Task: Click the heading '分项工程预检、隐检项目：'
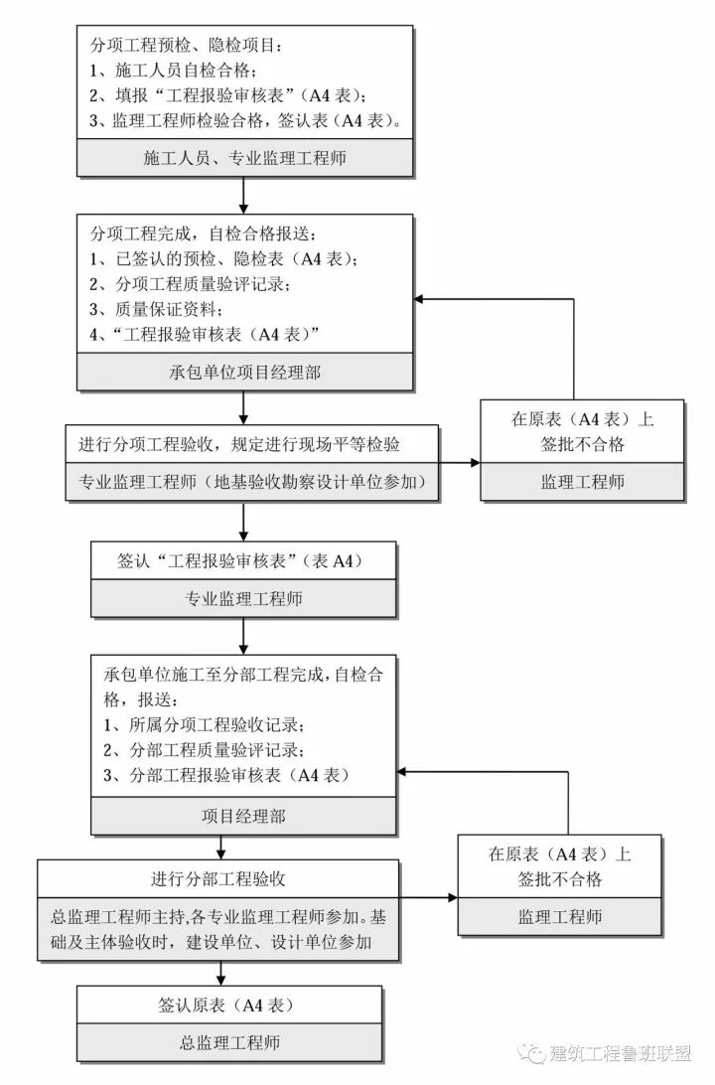188,46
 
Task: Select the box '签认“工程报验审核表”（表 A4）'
244,561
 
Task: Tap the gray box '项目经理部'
244,816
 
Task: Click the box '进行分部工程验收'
219,878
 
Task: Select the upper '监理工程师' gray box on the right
582,482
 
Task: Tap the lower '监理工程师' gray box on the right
559,916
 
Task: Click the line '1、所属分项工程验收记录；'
204,723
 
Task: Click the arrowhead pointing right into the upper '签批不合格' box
474,463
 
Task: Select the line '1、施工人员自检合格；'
174,72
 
